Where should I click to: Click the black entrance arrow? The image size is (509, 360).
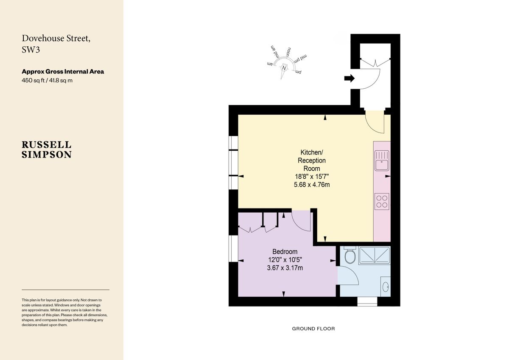coord(349,78)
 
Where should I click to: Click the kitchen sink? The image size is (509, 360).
coord(382,160)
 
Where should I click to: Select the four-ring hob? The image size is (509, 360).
coord(382,200)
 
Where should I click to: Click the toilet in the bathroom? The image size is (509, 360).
coord(350,256)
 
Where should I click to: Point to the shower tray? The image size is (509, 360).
coord(375,255)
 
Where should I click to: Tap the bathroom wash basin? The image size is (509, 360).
coord(386,287)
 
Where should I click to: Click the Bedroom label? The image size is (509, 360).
coord(285,251)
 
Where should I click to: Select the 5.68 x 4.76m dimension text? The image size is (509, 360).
coord(312,184)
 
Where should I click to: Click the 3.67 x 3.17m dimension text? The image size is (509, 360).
coord(285,268)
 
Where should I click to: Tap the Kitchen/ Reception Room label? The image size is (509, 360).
coord(312,160)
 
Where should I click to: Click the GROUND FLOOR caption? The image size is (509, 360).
coord(313,329)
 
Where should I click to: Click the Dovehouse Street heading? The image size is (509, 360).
coord(56,43)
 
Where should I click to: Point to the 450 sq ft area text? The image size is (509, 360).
coord(47,80)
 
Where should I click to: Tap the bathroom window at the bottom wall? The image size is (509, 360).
coord(367,301)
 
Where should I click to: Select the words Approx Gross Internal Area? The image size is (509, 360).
coord(63,71)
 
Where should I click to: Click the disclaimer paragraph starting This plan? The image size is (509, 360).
coord(65,312)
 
